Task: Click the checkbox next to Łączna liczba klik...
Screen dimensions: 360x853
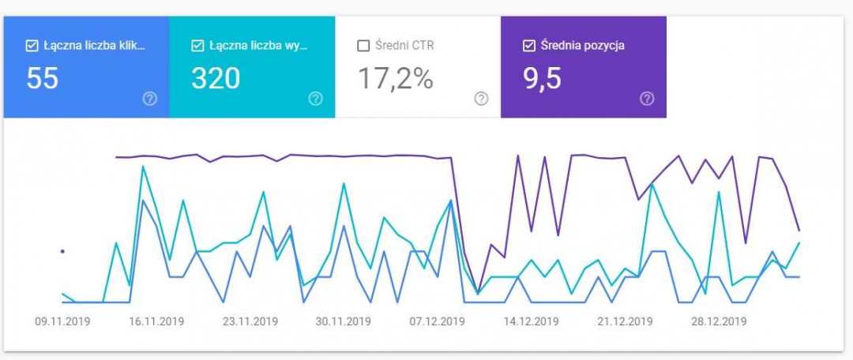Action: (32, 46)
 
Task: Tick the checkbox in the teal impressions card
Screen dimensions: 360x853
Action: (197, 46)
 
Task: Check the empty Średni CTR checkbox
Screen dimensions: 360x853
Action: (363, 46)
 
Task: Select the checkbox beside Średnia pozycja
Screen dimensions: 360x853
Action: (529, 46)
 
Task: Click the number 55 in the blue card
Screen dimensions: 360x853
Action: (43, 78)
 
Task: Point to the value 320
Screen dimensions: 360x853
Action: (216, 78)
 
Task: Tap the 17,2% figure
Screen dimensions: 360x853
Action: (395, 78)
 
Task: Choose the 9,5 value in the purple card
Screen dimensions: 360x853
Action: (542, 78)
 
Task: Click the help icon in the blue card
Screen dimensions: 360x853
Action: (149, 99)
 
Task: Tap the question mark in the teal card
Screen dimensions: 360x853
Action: (315, 99)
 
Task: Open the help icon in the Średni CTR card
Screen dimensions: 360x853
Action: (481, 99)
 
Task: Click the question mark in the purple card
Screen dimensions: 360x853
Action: (647, 99)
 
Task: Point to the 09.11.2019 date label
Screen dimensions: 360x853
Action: (62, 321)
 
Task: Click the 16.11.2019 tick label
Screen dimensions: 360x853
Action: (156, 321)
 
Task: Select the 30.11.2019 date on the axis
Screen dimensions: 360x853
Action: (344, 321)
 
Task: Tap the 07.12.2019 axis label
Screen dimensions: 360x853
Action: (438, 321)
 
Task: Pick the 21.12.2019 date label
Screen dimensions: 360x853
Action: (626, 321)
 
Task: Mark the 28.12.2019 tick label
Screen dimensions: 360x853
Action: (719, 321)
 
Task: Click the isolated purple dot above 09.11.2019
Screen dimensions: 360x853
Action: (62, 251)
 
